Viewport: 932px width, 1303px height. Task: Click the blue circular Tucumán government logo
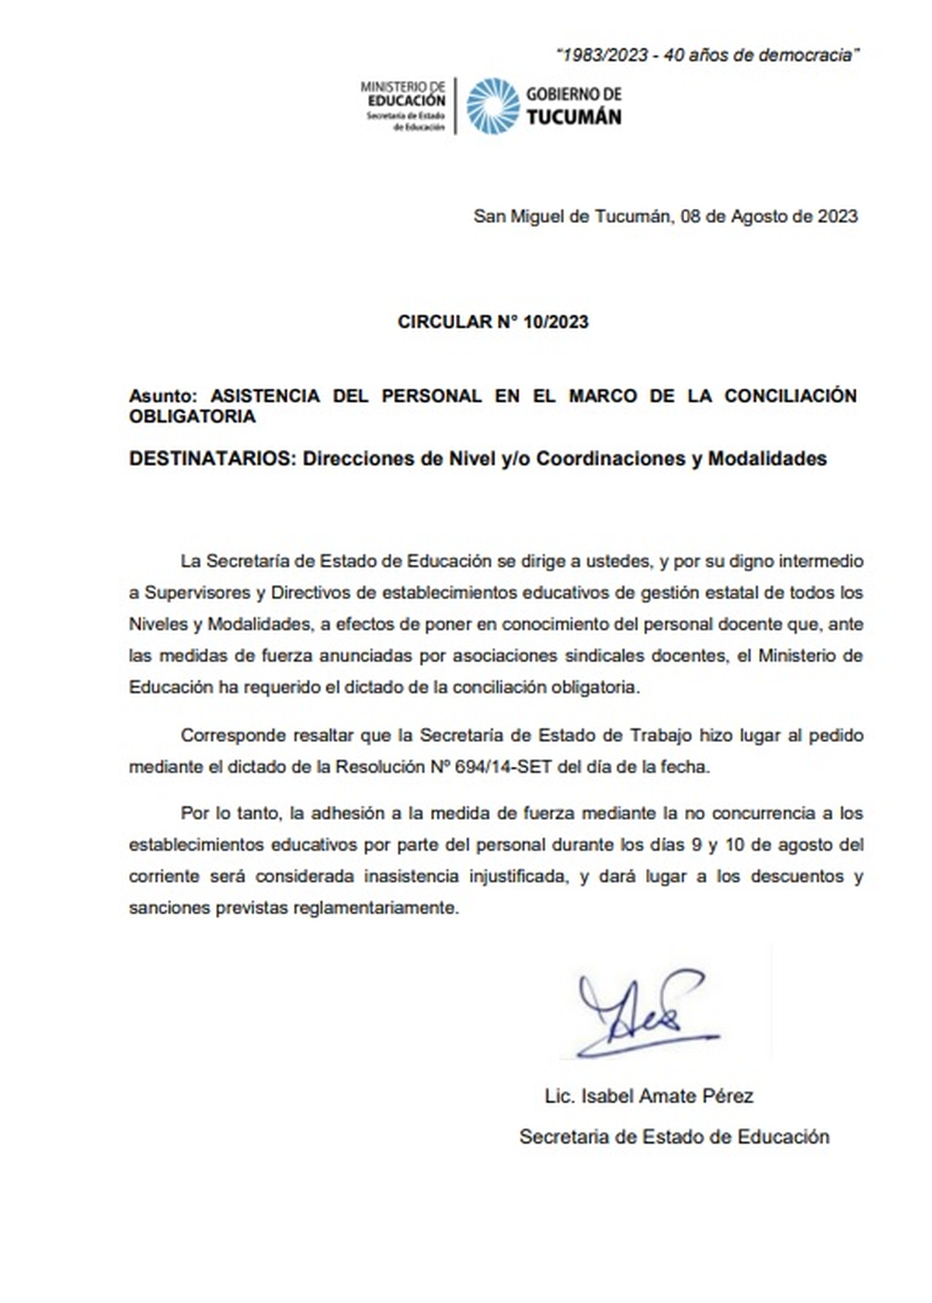[x=492, y=106]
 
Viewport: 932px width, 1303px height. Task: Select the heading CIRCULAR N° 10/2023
[x=492, y=322]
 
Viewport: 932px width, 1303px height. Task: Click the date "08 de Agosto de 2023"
[x=769, y=216]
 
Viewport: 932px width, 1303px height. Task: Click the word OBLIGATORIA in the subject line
[x=192, y=416]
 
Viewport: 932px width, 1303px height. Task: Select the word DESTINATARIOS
[x=209, y=458]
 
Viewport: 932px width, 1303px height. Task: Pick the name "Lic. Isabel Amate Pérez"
[x=649, y=1096]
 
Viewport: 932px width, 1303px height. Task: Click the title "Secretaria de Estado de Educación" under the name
[x=674, y=1137]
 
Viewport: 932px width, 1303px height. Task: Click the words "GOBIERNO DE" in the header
[x=574, y=94]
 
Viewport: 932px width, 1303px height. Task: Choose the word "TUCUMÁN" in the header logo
[x=574, y=117]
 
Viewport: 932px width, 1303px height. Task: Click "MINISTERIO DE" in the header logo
[x=402, y=88]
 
